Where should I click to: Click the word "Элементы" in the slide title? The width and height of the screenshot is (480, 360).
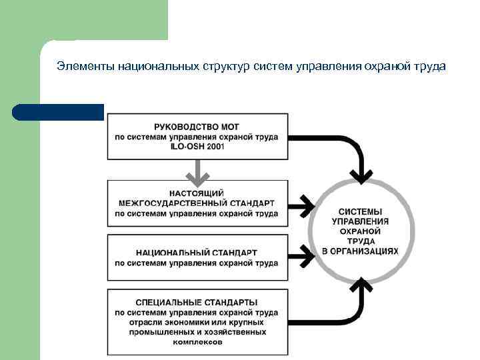[85, 67]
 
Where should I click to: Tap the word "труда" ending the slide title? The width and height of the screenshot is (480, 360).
[431, 67]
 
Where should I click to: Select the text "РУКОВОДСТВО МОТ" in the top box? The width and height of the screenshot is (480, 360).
[196, 127]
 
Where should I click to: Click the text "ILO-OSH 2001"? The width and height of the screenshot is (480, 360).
[197, 147]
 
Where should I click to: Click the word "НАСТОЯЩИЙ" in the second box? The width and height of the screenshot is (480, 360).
[197, 192]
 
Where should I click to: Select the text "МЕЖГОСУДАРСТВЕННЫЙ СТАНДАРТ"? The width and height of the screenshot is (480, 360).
[197, 203]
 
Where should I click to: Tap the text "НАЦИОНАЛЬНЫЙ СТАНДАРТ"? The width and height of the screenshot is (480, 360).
[197, 253]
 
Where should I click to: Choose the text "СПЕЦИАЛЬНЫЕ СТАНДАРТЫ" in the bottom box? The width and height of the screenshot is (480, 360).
[197, 303]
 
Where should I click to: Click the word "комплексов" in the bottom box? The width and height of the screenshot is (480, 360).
[197, 342]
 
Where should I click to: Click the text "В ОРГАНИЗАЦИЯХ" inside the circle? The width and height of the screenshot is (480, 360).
[361, 251]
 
